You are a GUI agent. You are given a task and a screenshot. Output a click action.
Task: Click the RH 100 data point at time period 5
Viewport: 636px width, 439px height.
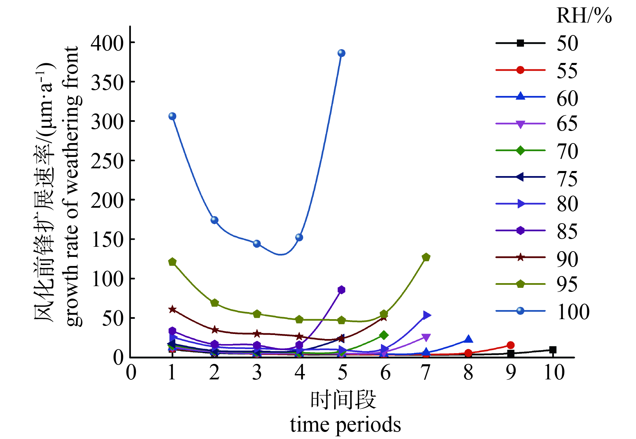coord(342,53)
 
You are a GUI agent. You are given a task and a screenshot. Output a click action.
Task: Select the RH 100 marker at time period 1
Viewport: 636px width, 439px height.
coord(172,116)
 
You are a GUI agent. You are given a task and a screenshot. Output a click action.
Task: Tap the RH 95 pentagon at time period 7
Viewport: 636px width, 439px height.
coord(426,257)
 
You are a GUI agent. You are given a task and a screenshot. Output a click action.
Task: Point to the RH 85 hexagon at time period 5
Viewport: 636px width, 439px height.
coord(342,290)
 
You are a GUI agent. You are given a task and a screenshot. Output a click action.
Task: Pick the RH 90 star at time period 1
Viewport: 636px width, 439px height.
coord(172,309)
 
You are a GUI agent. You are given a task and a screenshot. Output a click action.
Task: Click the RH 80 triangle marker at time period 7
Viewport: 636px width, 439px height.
coord(427,315)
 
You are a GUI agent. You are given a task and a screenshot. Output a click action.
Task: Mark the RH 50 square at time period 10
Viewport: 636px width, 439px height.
coord(553,350)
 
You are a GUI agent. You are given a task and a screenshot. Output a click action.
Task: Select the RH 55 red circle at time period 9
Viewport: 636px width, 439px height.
coord(510,345)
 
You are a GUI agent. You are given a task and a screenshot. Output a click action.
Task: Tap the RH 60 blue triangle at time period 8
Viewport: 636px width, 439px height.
coord(468,339)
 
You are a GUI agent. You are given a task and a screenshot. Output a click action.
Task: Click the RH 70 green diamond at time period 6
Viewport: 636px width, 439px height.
coord(384,335)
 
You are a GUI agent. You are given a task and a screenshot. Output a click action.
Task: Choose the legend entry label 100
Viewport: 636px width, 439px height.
coord(573,311)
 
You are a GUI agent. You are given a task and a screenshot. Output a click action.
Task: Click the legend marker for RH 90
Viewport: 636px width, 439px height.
coord(520,258)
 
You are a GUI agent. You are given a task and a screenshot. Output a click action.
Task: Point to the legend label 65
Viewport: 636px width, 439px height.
coord(567,124)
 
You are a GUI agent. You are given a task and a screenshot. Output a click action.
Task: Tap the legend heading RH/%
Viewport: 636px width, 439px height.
coord(584,16)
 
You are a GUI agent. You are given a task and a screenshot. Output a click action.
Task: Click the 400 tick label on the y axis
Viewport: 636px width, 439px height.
coord(108,43)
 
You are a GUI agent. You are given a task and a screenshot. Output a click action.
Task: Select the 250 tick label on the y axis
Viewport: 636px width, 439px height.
coord(108,161)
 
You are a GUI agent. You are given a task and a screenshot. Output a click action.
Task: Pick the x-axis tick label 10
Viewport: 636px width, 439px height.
coord(554,372)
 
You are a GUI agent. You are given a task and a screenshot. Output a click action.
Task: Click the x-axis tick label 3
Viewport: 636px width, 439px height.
coord(257,372)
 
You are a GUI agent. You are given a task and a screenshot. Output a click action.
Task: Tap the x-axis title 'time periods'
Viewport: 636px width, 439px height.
coord(346,425)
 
